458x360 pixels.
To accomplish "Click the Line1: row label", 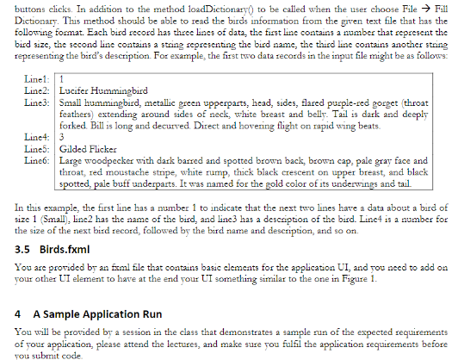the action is click(32, 79).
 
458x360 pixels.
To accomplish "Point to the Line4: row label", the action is click(32, 136).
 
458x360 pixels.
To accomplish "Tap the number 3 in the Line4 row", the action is click(59, 136).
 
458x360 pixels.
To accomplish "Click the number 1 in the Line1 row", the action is click(59, 79).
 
